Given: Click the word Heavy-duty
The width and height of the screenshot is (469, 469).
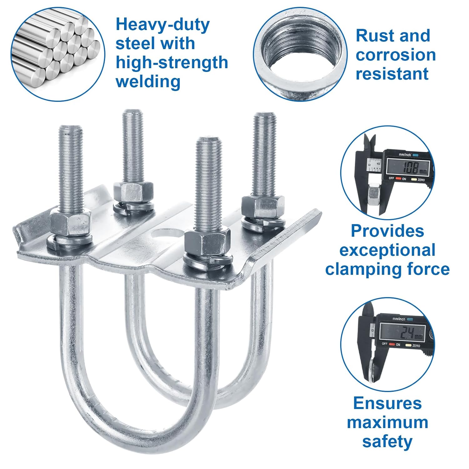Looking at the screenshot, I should pyautogui.click(x=162, y=25).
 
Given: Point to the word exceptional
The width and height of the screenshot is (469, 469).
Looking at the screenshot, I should pyautogui.click(x=387, y=250).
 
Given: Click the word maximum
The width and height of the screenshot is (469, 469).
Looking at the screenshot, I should pyautogui.click(x=387, y=422).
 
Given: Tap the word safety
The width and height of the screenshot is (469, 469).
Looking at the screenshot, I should pyautogui.click(x=387, y=441).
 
